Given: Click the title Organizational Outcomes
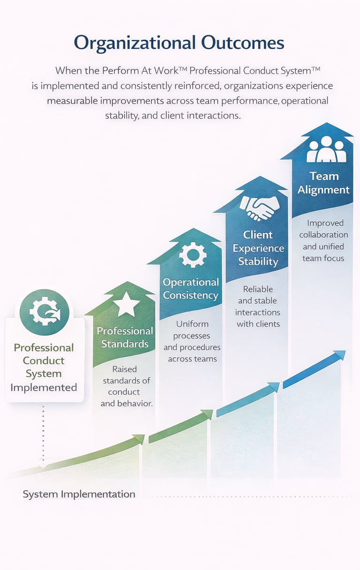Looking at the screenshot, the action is [x=179, y=43].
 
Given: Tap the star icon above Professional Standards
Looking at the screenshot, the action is [x=126, y=306].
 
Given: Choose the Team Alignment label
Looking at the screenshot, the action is [x=324, y=183].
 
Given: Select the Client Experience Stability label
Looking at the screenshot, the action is [x=258, y=248].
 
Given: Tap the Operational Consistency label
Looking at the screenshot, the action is [x=191, y=289].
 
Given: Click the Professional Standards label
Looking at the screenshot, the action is [x=125, y=337].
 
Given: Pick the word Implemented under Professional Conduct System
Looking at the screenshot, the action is [x=44, y=387].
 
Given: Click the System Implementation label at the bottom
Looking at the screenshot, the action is [x=79, y=494].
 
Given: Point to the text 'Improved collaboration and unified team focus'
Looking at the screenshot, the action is [x=323, y=240].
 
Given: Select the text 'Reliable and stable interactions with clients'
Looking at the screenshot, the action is [x=258, y=307].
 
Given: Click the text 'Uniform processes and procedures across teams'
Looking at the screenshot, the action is [x=192, y=341].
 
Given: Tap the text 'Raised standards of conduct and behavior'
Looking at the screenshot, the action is [x=126, y=386].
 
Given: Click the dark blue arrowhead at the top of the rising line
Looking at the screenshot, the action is [x=340, y=355].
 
